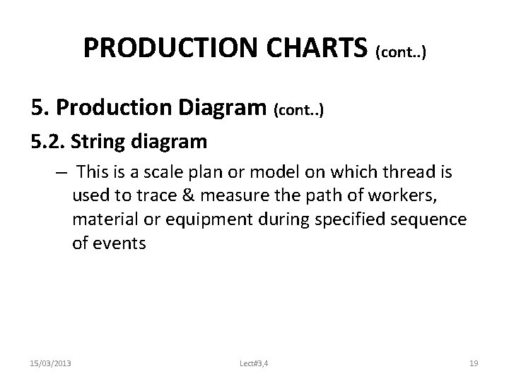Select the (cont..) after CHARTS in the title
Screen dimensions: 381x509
(401, 52)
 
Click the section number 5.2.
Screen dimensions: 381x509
(48, 143)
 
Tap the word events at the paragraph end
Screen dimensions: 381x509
(127, 243)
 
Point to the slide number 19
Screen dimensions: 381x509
(474, 363)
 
